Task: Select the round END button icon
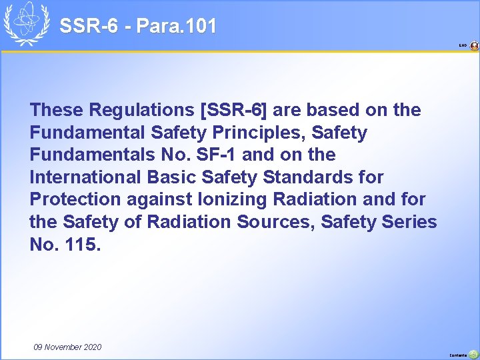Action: coord(474,46)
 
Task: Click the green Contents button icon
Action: coord(473,354)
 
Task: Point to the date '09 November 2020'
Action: coord(67,347)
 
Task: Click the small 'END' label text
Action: coord(463,46)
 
